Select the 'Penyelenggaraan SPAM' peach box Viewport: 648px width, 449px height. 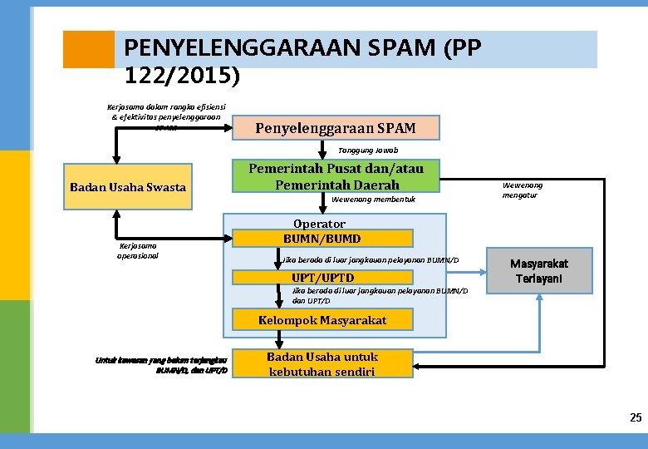(335, 128)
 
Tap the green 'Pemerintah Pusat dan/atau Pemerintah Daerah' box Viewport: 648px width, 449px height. (336, 176)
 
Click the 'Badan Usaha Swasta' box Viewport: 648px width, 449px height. (127, 187)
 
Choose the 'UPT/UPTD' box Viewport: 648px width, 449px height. (322, 278)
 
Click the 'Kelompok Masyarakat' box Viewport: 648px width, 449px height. (322, 320)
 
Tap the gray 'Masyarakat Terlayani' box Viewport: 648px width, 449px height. (539, 270)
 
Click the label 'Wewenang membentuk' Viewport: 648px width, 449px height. (373, 200)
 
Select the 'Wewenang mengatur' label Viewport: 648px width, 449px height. (523, 190)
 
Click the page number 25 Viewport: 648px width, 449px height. (636, 417)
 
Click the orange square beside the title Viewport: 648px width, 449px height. (89, 49)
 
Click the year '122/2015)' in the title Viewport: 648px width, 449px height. (182, 77)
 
